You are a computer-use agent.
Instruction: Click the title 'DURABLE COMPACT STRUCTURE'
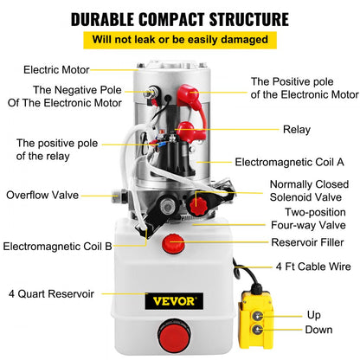[x=179, y=18]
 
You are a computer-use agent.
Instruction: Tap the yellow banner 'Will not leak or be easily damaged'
[x=179, y=40]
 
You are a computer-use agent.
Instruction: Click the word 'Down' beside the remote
[x=318, y=331]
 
